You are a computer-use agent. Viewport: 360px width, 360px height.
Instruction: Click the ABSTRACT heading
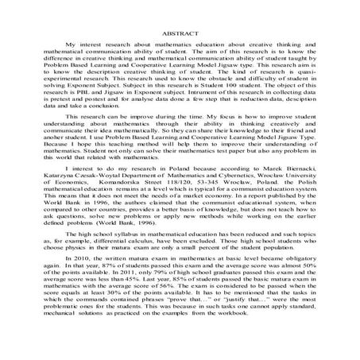point(179,36)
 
